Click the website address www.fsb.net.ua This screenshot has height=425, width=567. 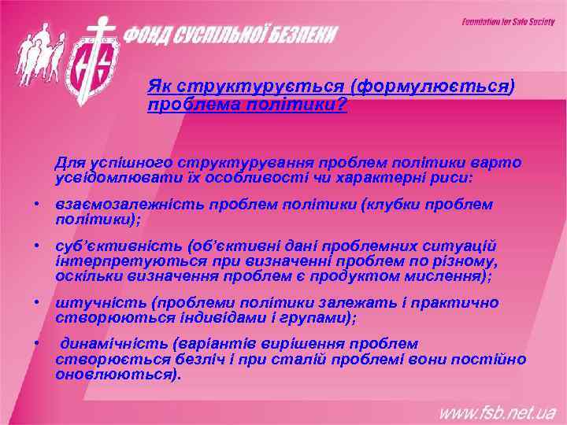coord(497,412)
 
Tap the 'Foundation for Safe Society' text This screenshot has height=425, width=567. coord(507,22)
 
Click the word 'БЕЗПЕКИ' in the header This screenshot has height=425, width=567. coord(300,35)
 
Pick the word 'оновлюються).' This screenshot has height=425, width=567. coord(118,375)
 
